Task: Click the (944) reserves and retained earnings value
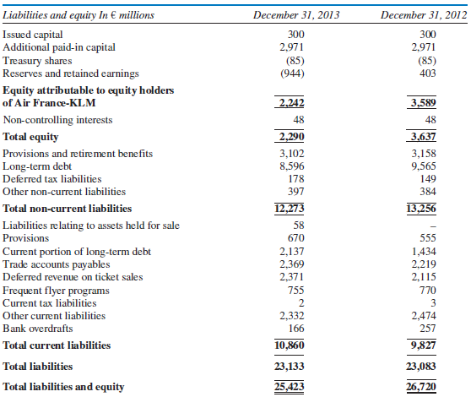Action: pyautogui.click(x=290, y=73)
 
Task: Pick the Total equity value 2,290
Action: pyautogui.click(x=290, y=136)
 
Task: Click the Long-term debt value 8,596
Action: pyautogui.click(x=290, y=166)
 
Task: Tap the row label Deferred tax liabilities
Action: pyautogui.click(x=52, y=179)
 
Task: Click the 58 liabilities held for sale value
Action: pyautogui.click(x=296, y=226)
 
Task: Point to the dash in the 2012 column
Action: pyautogui.click(x=430, y=226)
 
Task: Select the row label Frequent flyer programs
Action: pyautogui.click(x=57, y=290)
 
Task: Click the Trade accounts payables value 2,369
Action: pyautogui.click(x=290, y=264)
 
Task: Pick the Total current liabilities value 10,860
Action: pyautogui.click(x=290, y=345)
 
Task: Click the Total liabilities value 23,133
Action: pyautogui.click(x=290, y=367)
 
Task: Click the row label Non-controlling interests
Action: pyautogui.click(x=58, y=120)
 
